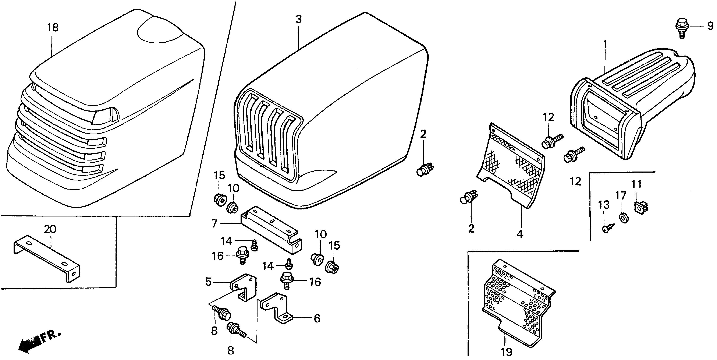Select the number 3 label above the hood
[298, 19]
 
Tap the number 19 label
[507, 352]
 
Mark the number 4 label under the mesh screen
[520, 234]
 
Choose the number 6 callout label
[317, 318]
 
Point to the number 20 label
[50, 229]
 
